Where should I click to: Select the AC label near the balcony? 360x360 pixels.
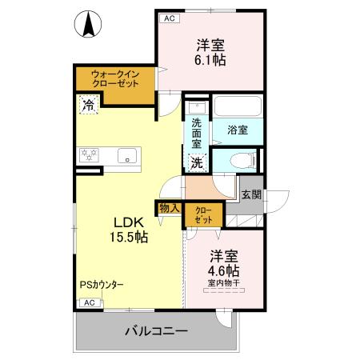89,302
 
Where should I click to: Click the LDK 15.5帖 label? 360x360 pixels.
127,229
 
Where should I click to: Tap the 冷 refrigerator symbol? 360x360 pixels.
88,104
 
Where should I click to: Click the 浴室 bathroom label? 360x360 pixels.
237,130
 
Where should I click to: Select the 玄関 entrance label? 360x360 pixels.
250,194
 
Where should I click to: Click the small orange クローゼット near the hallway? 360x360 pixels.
204,214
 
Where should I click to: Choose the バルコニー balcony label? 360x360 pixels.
156,330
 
